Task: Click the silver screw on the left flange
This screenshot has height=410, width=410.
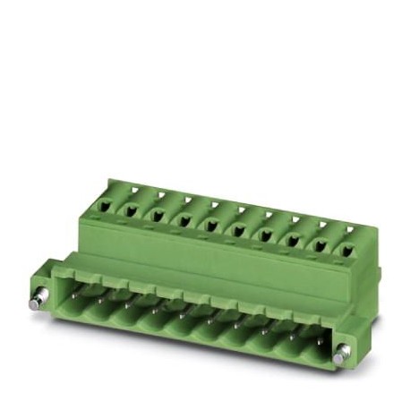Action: coord(36,303)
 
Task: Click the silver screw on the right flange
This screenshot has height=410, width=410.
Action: coord(340,358)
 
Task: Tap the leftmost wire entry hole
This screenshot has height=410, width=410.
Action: coord(106,206)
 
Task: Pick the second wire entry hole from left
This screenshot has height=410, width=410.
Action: coord(132,211)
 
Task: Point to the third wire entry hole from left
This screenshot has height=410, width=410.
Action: coord(158,216)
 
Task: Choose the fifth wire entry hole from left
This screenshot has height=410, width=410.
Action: coord(212,226)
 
